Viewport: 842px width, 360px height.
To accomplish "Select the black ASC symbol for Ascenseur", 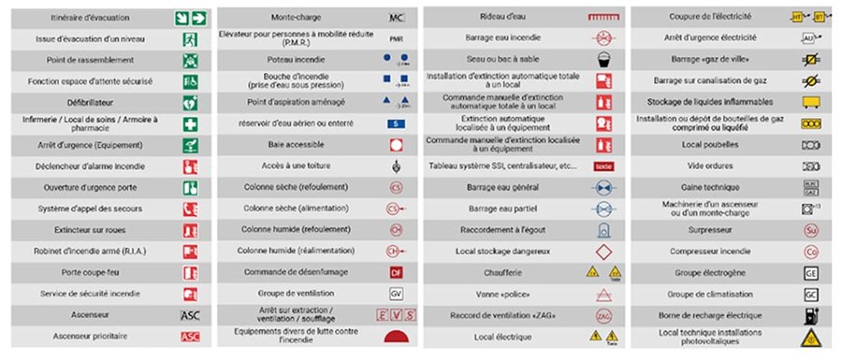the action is point(190,315).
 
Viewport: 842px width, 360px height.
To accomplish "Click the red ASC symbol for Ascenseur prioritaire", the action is point(190,337).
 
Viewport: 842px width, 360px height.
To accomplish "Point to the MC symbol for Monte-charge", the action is point(396,18).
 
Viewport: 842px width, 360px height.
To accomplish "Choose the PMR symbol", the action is point(396,38).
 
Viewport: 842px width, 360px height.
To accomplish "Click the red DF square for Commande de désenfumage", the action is point(396,272).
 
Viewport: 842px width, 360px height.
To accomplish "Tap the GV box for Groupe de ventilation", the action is point(396,294).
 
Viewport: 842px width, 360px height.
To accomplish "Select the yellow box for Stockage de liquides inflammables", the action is point(810,102).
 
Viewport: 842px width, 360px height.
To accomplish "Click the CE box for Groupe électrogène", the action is point(810,272).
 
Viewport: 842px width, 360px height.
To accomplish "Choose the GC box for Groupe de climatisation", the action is point(810,294).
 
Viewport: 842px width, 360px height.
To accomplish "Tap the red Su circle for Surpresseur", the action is point(810,230).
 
